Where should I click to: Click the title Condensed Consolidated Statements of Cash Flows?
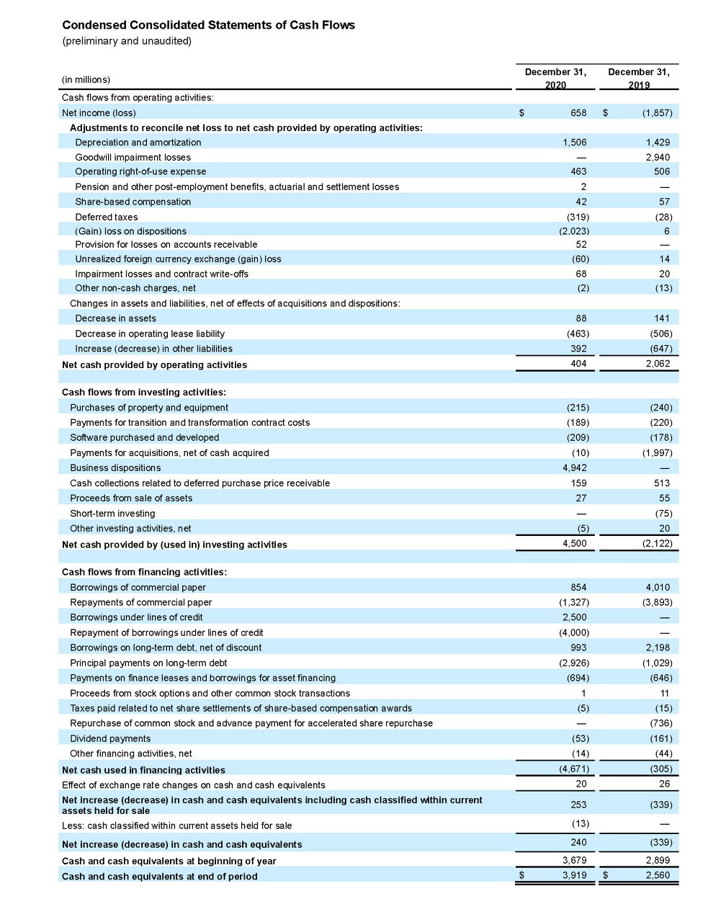208,25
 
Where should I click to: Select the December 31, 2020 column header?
555,78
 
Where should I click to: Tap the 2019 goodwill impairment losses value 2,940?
657,157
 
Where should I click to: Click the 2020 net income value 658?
578,113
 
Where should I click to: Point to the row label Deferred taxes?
106,217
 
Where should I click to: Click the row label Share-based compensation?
133,202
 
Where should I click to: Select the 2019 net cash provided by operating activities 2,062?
657,364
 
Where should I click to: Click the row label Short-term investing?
112,514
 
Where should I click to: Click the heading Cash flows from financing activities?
144,572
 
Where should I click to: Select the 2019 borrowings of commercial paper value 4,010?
657,587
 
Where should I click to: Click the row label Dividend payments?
110,738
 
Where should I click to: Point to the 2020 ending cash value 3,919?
574,876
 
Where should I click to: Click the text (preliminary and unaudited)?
127,41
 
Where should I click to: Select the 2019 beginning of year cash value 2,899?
657,860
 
